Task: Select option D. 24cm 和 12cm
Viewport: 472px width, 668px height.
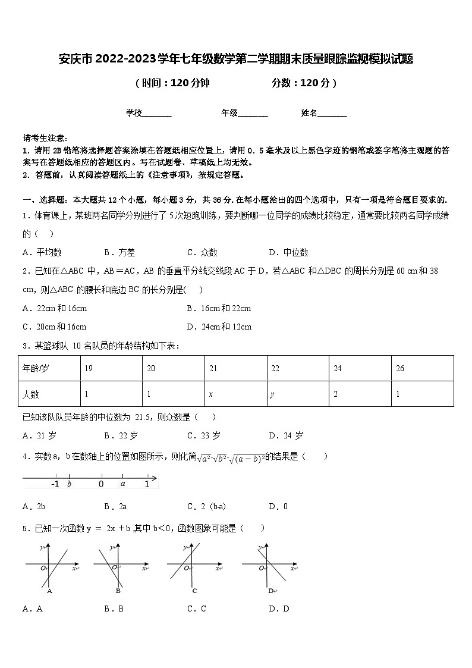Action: (x=219, y=327)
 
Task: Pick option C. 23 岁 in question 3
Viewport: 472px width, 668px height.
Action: (x=204, y=435)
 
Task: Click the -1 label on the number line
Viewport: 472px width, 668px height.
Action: (x=55, y=484)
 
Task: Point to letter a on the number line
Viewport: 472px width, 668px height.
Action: (x=122, y=484)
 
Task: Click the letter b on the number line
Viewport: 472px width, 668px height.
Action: (x=70, y=484)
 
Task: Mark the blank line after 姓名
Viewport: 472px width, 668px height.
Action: (x=332, y=114)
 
